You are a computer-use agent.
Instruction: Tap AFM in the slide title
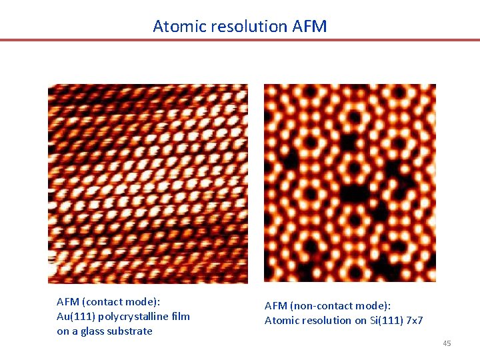pos(309,26)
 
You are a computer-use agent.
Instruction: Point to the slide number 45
pos(447,343)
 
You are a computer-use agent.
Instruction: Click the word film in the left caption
pos(180,317)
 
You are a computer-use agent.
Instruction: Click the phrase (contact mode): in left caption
pos(123,302)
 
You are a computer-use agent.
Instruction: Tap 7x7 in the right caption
pos(415,321)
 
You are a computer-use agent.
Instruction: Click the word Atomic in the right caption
pos(282,321)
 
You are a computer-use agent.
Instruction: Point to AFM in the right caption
pos(275,306)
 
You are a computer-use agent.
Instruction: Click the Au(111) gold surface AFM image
pos(147,183)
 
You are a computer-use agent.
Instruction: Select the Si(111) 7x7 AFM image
pos(350,183)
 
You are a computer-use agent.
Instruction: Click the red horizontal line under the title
pos(240,40)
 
